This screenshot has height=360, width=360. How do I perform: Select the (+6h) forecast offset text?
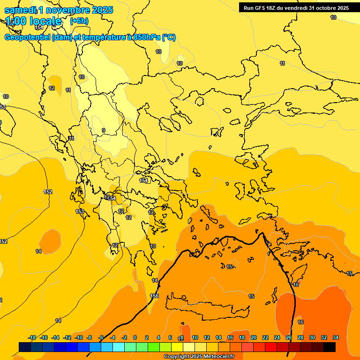pos(79,21)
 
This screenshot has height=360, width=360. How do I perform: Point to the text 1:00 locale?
pos(33,21)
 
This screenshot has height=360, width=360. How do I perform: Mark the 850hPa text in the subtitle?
pos(146,37)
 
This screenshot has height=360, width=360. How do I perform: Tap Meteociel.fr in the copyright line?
pos(218,357)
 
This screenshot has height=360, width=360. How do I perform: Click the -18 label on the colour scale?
pos(32,337)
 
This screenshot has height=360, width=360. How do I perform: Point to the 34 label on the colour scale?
pos(336,337)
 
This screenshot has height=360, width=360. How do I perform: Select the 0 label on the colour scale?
pos(135,337)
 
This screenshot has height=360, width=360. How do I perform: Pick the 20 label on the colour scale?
pos(254,337)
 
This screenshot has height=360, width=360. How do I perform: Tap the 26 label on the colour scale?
pos(289,337)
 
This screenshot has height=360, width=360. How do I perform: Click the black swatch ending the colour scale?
pos(330,347)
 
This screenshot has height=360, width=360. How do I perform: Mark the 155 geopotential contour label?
pos(154,296)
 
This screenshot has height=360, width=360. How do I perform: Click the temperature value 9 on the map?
pos(104,130)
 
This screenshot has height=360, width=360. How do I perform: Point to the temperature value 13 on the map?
pos(153,246)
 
